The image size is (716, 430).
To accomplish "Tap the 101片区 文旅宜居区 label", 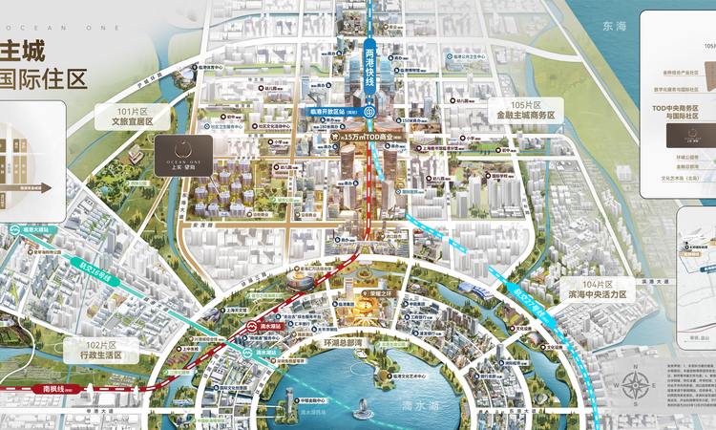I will (139, 117).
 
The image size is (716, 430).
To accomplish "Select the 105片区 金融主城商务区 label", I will (525, 109).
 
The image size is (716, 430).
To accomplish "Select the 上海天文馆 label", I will (225, 310).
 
